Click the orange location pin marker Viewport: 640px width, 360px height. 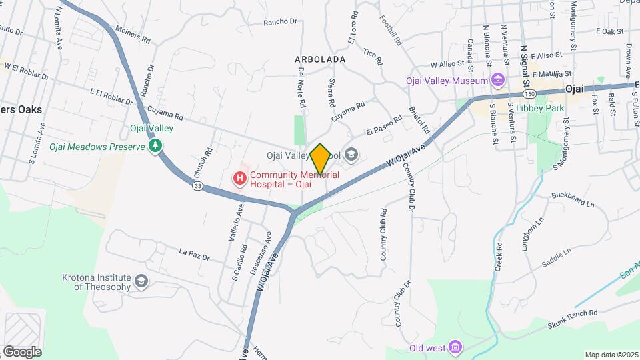point(320,159)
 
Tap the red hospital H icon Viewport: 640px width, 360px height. point(239,178)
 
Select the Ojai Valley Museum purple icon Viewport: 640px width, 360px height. point(497,81)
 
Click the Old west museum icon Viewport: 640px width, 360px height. point(455,347)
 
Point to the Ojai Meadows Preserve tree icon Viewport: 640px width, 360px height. point(156,145)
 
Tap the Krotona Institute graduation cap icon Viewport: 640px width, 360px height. point(141,282)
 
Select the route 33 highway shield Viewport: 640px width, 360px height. point(198,187)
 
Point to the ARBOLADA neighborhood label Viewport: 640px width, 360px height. point(320,59)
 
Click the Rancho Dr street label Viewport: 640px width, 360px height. point(280,21)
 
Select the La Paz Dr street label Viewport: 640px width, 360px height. point(194,254)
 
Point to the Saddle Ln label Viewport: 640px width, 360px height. point(557,256)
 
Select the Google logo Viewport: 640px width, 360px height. point(21,352)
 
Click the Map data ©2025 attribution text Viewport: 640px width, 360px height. point(610,355)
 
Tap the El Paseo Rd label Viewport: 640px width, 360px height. point(383,126)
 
